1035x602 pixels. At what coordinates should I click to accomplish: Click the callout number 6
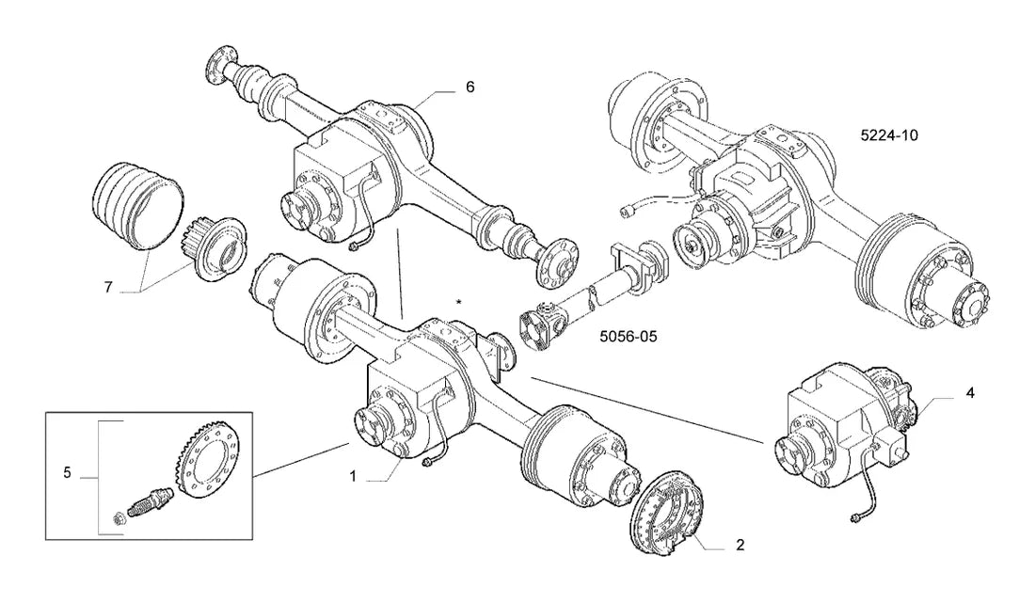(x=470, y=87)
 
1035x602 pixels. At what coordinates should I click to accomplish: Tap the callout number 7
(x=108, y=287)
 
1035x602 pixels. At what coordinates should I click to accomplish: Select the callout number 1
(x=353, y=476)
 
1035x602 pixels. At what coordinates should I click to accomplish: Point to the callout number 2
(x=740, y=545)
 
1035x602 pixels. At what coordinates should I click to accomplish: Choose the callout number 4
(x=970, y=393)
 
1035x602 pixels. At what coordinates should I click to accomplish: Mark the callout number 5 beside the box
(x=67, y=472)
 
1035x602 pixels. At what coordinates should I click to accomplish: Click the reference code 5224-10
(x=889, y=135)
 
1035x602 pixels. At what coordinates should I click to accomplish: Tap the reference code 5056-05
(x=629, y=336)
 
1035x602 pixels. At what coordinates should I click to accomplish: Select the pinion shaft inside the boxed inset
(x=151, y=503)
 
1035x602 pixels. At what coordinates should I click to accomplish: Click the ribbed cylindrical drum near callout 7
(x=136, y=206)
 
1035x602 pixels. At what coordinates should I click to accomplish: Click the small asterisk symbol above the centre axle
(x=459, y=302)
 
